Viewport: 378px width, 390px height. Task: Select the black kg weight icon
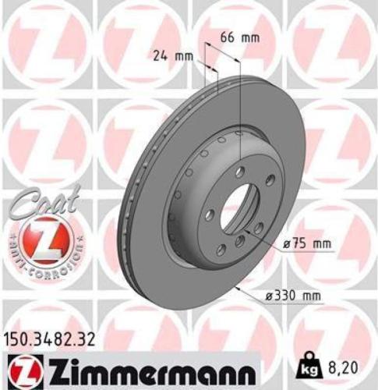306,365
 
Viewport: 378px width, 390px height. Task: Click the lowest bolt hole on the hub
221,249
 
